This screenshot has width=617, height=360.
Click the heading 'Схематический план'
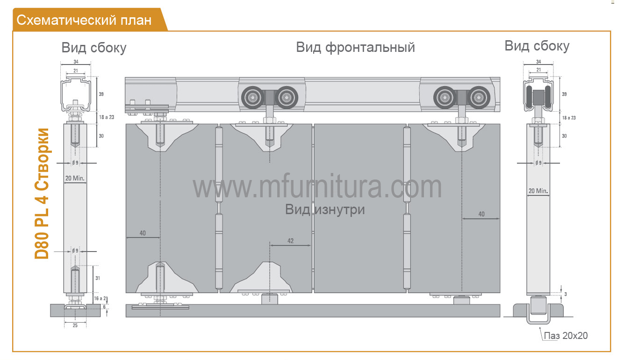pyautogui.click(x=84, y=20)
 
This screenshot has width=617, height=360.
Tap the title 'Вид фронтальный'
pyautogui.click(x=355, y=47)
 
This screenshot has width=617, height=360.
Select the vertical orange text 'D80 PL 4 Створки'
pyautogui.click(x=42, y=194)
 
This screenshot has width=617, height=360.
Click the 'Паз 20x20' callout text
pyautogui.click(x=566, y=336)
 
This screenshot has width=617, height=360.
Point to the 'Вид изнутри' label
pyautogui.click(x=325, y=209)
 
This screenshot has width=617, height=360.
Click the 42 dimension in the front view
pyautogui.click(x=291, y=241)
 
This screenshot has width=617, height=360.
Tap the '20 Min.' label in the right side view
pyautogui.click(x=538, y=191)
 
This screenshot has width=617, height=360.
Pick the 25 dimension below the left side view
pyautogui.click(x=75, y=325)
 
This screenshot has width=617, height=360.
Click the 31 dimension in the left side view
pyautogui.click(x=98, y=278)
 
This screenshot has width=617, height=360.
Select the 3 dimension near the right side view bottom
pyautogui.click(x=566, y=294)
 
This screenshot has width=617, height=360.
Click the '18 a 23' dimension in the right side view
pyautogui.click(x=569, y=118)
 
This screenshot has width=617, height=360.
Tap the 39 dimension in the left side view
pyautogui.click(x=101, y=94)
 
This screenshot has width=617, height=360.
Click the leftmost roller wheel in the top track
pyautogui.click(x=252, y=98)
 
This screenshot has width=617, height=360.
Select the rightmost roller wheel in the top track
pyautogui.click(x=479, y=98)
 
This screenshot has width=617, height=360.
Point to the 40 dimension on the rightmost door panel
pyautogui.click(x=481, y=214)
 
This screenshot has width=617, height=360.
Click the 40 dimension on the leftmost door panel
pyautogui.click(x=143, y=233)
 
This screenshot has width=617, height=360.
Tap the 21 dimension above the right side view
pyautogui.click(x=538, y=70)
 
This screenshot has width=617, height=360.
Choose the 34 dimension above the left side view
pyautogui.click(x=76, y=62)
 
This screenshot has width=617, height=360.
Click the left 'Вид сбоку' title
pyautogui.click(x=94, y=48)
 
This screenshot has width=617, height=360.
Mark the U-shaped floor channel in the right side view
pyautogui.click(x=539, y=322)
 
